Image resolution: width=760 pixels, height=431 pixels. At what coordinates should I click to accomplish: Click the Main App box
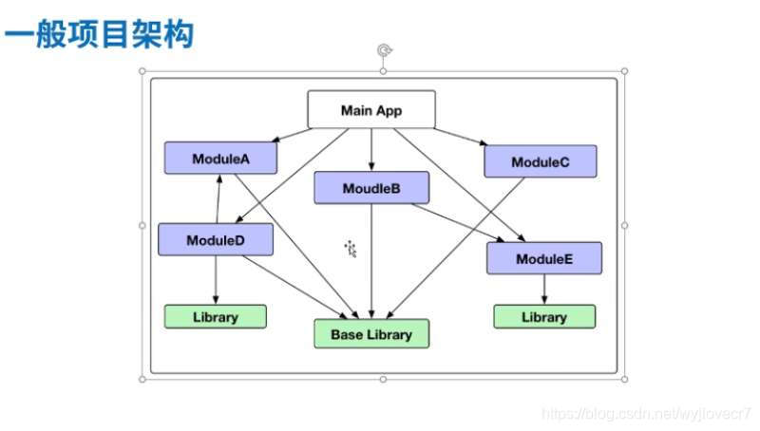point(371,109)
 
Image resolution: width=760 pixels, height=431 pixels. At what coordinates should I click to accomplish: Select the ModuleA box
point(220,159)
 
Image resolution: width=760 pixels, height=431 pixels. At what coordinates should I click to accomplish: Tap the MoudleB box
point(370,188)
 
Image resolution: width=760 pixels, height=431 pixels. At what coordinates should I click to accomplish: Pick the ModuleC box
point(540,161)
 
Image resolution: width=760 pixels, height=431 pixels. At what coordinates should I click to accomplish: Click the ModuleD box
point(216,239)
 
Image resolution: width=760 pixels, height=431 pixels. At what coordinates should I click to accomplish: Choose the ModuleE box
point(544,258)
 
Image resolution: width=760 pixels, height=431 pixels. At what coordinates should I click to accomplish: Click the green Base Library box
point(371,334)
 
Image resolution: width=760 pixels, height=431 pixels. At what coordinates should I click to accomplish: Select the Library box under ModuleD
point(216,317)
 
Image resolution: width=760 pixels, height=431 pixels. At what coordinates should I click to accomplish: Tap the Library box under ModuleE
point(544,317)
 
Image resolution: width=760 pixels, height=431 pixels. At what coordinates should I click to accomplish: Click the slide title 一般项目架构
point(99,36)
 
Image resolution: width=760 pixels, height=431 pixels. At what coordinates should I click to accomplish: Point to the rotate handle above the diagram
point(383,50)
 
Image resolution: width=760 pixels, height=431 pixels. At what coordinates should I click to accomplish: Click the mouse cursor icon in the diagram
point(351,249)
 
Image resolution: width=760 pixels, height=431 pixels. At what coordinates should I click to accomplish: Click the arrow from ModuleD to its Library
point(216,280)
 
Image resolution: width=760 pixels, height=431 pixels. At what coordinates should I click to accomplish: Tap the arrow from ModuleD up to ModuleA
point(219,198)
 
